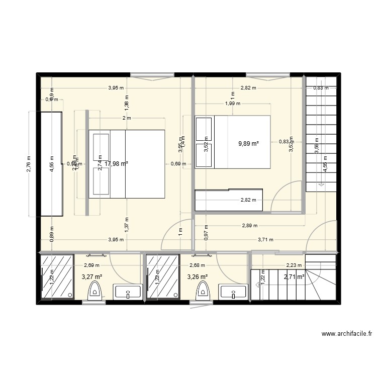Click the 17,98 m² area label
[x=116, y=163]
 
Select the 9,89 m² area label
[x=248, y=144]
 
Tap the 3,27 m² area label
[x=91, y=276]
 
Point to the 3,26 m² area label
[x=197, y=276]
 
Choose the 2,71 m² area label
[x=294, y=276]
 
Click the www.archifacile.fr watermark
[x=347, y=334]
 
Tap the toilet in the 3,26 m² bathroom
[x=203, y=291]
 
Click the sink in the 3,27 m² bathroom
[x=128, y=292]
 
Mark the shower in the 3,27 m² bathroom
[x=57, y=277]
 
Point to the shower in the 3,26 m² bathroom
[x=162, y=277]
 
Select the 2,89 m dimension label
[x=249, y=226]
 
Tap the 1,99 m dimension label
[x=232, y=104]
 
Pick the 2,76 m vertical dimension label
[x=29, y=164]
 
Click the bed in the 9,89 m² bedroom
[x=233, y=142]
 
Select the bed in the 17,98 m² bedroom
[x=127, y=164]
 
